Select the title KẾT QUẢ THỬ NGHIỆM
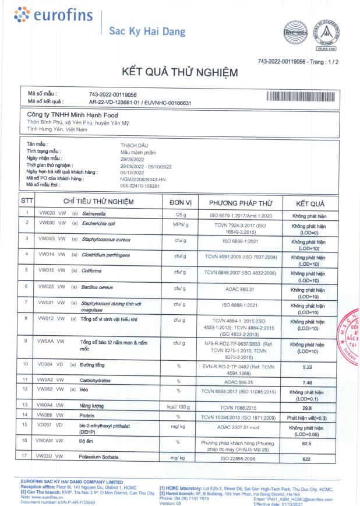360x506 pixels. [179, 72]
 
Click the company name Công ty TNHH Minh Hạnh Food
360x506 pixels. [72, 115]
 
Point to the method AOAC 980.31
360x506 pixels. [235, 287]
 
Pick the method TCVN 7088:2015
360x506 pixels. [235, 407]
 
